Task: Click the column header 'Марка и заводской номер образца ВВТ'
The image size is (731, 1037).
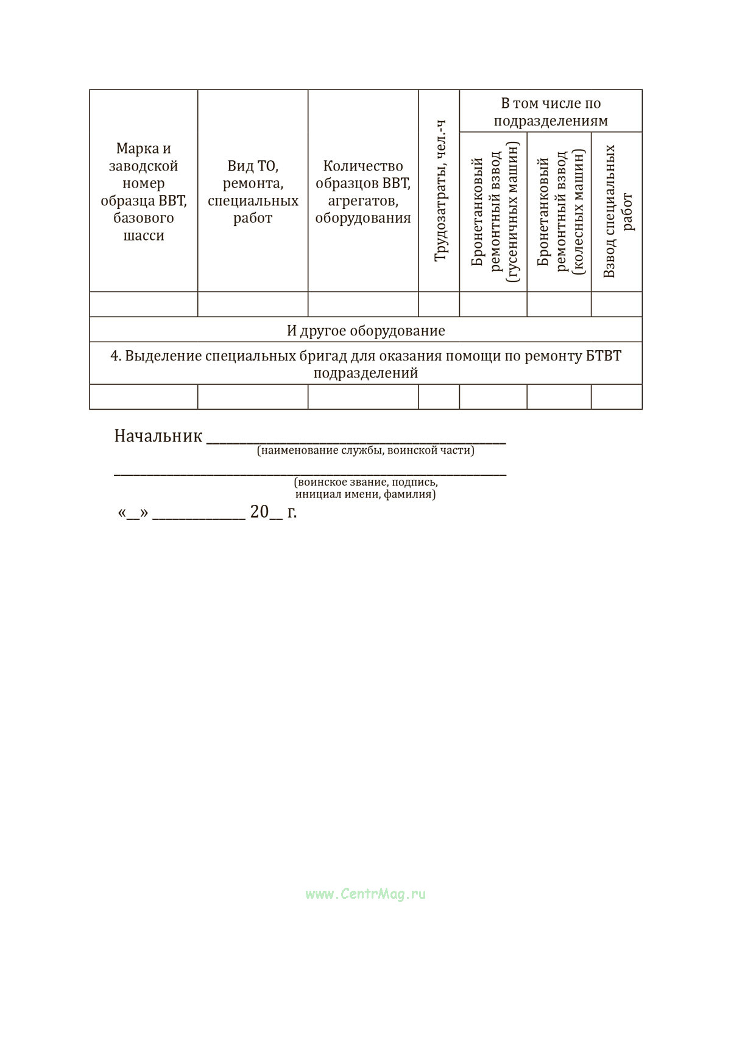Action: coord(144,192)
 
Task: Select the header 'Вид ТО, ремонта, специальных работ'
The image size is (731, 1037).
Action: coord(253,192)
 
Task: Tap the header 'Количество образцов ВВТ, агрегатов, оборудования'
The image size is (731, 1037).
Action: coord(363,192)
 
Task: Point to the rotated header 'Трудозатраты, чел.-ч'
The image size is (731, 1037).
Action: coord(440,191)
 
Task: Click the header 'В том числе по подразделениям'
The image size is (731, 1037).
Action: coord(551,112)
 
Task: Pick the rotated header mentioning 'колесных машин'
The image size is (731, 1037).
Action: coord(560,212)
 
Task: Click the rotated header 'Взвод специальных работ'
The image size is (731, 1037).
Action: coord(618,212)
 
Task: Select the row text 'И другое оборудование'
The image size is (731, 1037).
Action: coord(365,331)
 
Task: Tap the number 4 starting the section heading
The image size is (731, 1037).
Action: coord(114,356)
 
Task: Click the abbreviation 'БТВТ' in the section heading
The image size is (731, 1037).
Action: coord(604,356)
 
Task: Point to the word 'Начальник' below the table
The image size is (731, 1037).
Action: coord(158,436)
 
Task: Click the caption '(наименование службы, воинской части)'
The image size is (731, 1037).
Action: coord(365,451)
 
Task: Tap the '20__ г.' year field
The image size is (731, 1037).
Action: coord(273,512)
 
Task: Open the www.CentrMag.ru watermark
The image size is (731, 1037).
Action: coord(365,894)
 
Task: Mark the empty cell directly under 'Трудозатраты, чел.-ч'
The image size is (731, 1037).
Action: coord(439,304)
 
